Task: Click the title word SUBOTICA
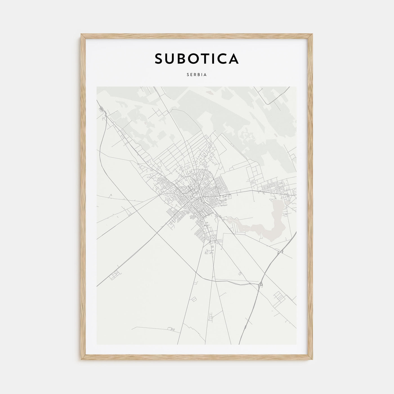[x=196, y=59]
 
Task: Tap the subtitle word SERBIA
[x=197, y=75]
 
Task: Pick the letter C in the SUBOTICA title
[x=222, y=59]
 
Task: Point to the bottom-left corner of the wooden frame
[x=82, y=360]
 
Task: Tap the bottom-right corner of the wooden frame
[x=312, y=360]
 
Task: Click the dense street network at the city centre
[x=194, y=197]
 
